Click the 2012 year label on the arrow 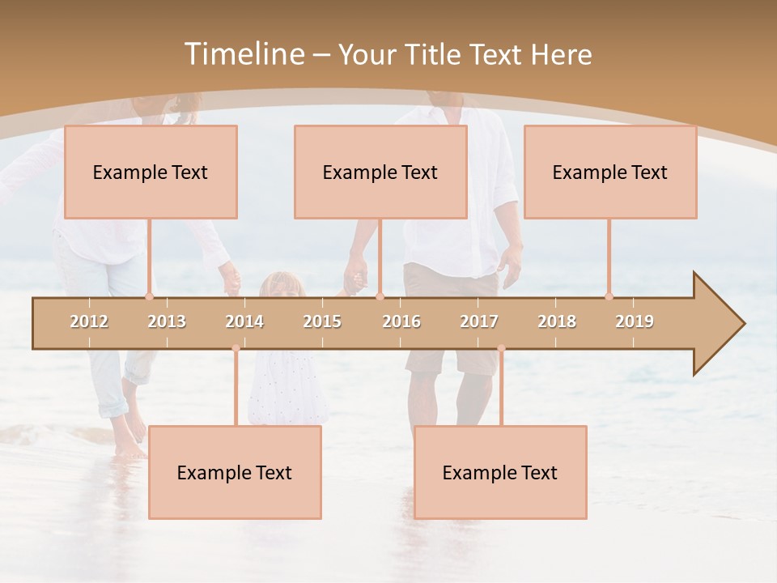pyautogui.click(x=89, y=321)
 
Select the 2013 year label pyautogui.click(x=167, y=321)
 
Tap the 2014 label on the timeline pyautogui.click(x=244, y=321)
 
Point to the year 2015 pyautogui.click(x=322, y=321)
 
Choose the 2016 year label pyautogui.click(x=401, y=321)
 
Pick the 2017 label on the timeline pyautogui.click(x=479, y=321)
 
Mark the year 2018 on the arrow pyautogui.click(x=557, y=321)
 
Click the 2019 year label pyautogui.click(x=635, y=321)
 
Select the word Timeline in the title pyautogui.click(x=244, y=54)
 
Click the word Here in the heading pyautogui.click(x=562, y=54)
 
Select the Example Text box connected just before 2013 pyautogui.click(x=151, y=172)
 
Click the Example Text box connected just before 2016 pyautogui.click(x=380, y=172)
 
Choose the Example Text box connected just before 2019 pyautogui.click(x=610, y=172)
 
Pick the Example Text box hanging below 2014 pyautogui.click(x=235, y=472)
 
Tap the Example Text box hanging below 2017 pyautogui.click(x=500, y=472)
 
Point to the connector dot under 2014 pyautogui.click(x=236, y=348)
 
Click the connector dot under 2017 pyautogui.click(x=501, y=348)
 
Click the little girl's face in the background pyautogui.click(x=282, y=286)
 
